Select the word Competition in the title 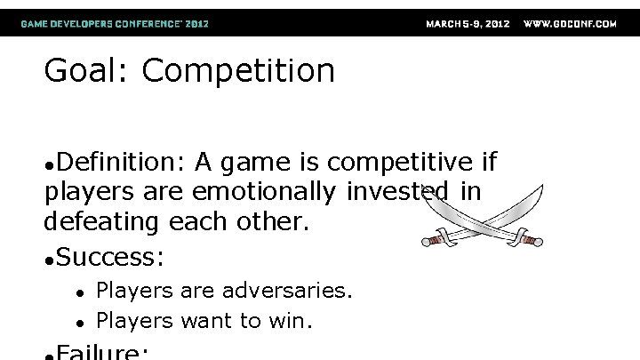[237, 71]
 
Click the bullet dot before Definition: [49, 165]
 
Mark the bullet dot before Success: [49, 260]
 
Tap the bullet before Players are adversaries [79, 292]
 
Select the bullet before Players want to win [79, 319]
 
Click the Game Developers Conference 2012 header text [116, 24]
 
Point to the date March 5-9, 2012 [468, 24]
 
